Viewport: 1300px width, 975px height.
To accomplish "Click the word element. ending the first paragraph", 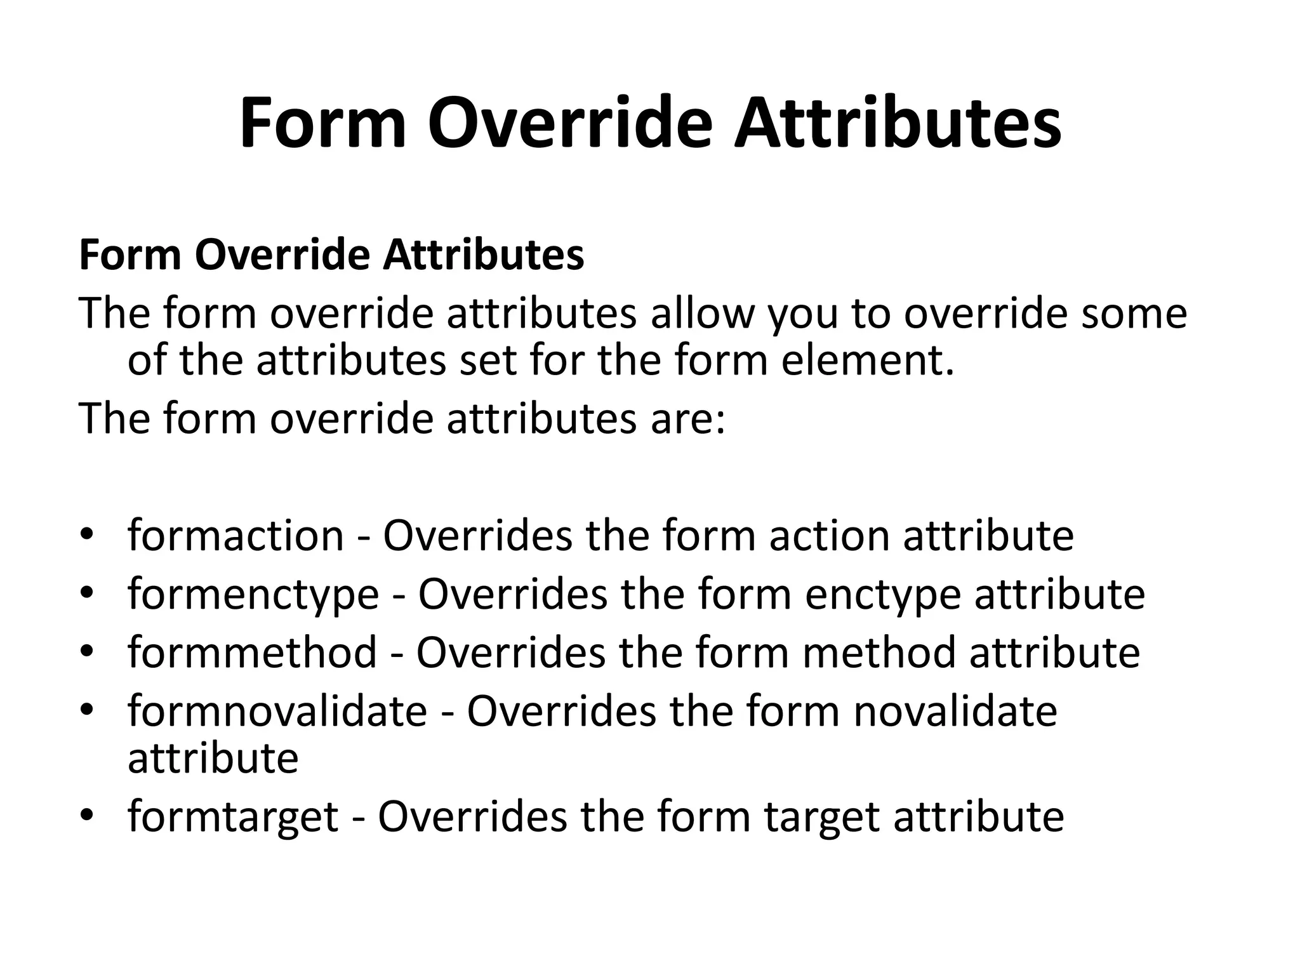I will coord(868,360).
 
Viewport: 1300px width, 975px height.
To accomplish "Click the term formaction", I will coord(235,535).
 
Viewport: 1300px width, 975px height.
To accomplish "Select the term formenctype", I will coord(253,595).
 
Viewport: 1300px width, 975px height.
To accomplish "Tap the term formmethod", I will coord(252,653).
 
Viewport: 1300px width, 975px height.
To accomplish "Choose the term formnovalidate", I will coord(277,711).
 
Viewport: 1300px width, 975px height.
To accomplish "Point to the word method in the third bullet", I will coord(879,653).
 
